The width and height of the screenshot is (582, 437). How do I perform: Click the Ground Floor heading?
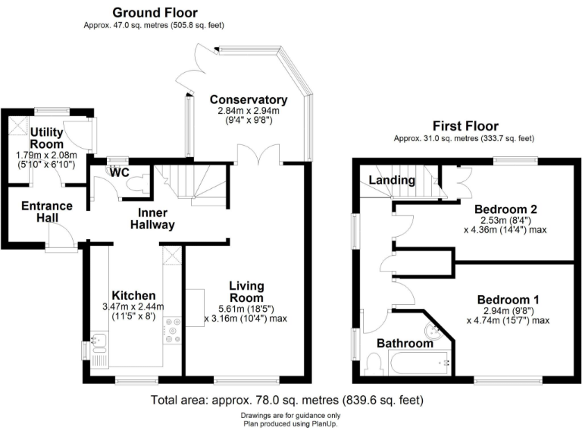pos(155,12)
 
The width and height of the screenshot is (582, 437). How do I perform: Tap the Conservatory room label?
pos(249,100)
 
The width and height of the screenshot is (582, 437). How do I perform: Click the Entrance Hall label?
pos(46,212)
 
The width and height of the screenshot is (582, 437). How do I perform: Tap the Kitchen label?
pos(133,295)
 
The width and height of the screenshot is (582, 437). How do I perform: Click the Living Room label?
pos(247,291)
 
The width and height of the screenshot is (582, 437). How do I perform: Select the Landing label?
pos(392,181)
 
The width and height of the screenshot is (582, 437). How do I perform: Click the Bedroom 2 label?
pos(505,209)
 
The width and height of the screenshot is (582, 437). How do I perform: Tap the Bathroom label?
pos(405,344)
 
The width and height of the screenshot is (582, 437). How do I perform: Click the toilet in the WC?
pos(139,182)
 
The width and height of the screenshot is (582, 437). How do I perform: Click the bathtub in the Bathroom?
pos(419,363)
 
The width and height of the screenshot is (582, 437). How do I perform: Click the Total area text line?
pos(286,400)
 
